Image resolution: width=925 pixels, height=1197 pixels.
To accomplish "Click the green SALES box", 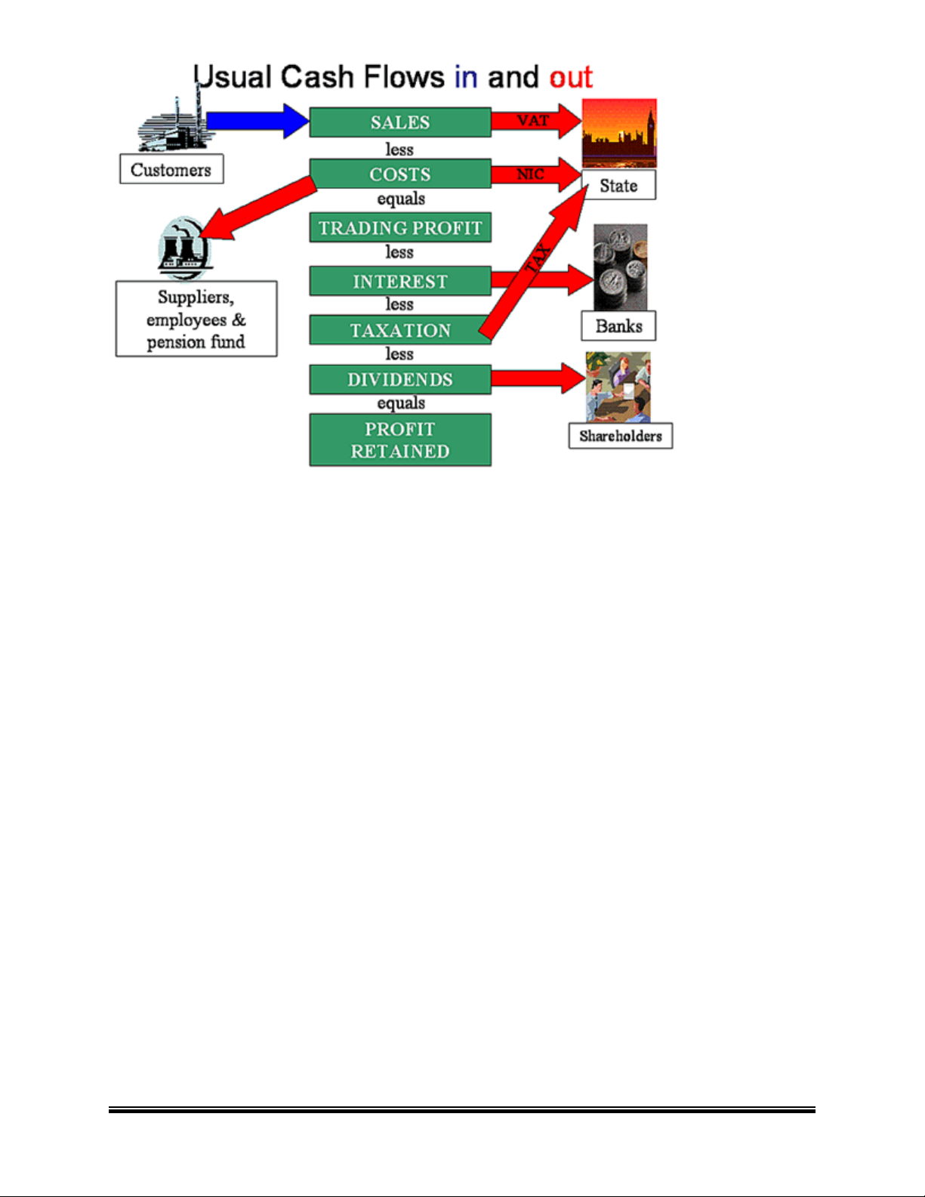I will tap(399, 122).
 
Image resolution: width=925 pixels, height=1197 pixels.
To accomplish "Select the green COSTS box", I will tap(399, 174).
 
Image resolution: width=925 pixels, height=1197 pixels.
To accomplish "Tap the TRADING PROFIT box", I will tap(399, 227).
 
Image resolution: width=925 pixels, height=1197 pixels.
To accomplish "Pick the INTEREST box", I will tap(399, 281).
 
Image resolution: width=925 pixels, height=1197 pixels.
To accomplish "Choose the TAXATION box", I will tap(399, 330).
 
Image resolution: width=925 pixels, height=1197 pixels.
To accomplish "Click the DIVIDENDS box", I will tap(399, 379).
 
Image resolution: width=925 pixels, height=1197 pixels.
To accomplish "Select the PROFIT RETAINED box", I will tap(399, 440).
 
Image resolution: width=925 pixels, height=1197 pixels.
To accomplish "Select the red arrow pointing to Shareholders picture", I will tap(538, 378).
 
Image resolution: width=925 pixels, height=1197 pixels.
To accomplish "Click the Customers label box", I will tap(171, 169).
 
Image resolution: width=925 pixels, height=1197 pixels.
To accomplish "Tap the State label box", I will tap(618, 185).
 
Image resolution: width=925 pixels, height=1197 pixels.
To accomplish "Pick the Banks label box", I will tap(618, 326).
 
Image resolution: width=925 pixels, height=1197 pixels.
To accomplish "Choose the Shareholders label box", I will tap(620, 436).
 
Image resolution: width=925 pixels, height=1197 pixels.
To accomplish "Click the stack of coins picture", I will tap(620, 267).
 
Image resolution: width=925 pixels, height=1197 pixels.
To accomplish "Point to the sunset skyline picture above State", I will tap(619, 133).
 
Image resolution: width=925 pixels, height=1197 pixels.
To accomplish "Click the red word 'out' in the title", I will tap(571, 77).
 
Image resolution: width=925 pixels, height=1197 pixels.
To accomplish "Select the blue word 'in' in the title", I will tap(466, 77).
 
